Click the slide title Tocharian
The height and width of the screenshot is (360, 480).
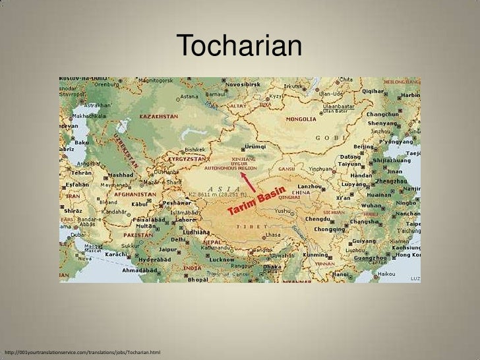coord(240,46)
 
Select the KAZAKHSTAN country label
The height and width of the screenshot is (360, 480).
coord(158,116)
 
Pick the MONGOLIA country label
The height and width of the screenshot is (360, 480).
coord(301,120)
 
